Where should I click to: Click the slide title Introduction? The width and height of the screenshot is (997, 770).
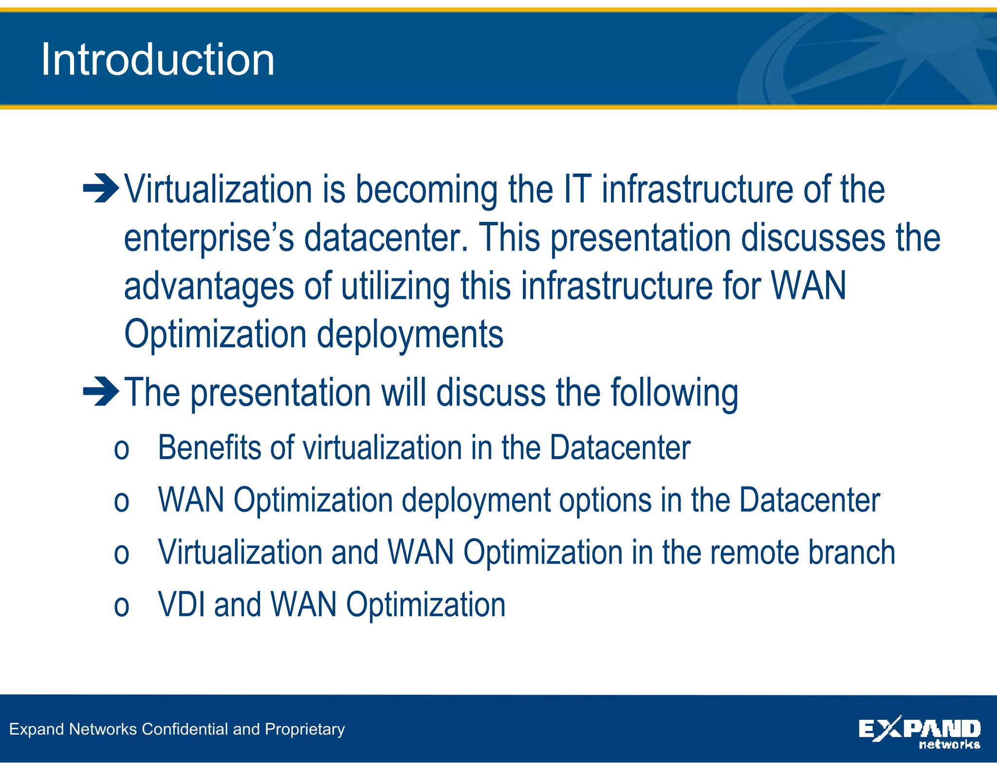(158, 59)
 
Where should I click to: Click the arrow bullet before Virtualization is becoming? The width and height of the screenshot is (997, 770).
(101, 188)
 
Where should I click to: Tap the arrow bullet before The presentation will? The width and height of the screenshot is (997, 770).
(101, 391)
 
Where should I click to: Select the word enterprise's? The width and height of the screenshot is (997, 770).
(209, 238)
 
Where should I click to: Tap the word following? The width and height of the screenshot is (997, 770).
(674, 393)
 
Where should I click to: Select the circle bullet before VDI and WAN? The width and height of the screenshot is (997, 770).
(121, 606)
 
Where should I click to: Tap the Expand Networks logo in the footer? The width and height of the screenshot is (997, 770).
(919, 732)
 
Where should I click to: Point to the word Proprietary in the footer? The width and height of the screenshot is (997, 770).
(305, 730)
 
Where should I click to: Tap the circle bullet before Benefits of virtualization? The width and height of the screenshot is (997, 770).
(121, 449)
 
